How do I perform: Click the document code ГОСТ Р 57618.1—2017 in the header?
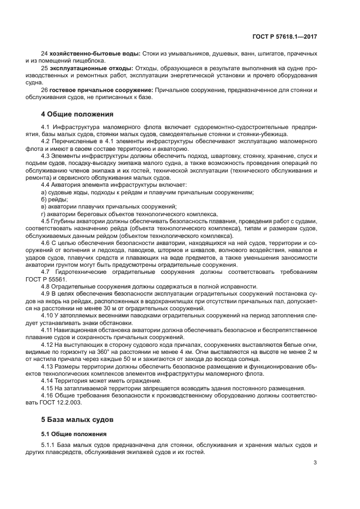point(292,36)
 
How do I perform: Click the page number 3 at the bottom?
point(315,463)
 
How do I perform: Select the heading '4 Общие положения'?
point(77,114)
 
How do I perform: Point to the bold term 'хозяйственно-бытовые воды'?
point(95,53)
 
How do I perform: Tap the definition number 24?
point(44,53)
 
